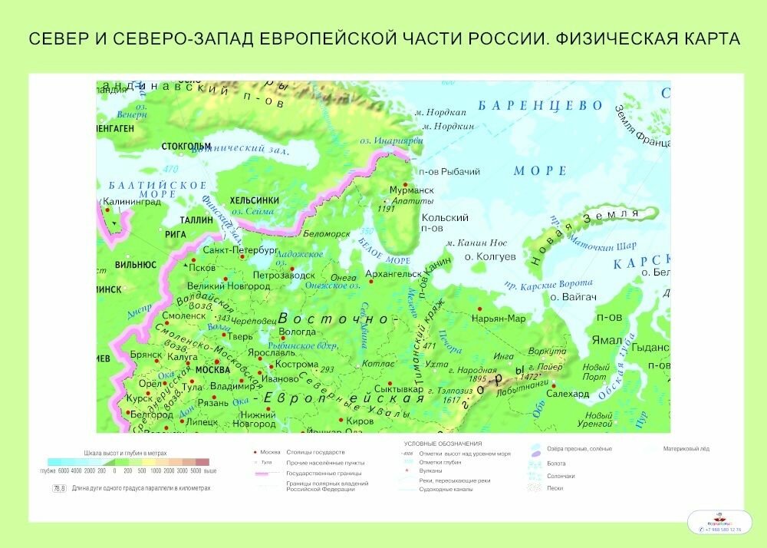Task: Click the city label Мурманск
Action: coord(412,190)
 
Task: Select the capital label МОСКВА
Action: coord(213,369)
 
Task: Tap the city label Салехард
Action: coord(568,393)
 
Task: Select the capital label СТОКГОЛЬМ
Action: coord(186,146)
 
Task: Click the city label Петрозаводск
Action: coord(284,274)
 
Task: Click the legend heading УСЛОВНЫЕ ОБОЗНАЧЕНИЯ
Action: coord(443,444)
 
